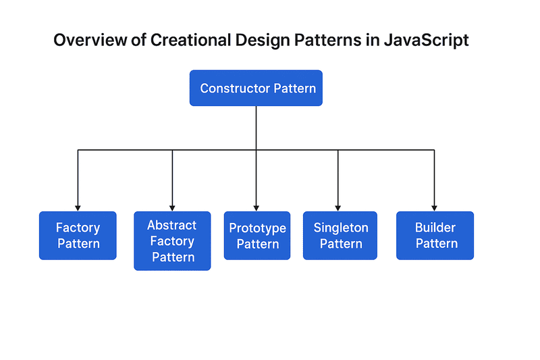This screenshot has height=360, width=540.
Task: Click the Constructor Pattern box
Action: (x=256, y=88)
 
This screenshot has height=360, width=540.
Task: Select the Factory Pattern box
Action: (x=78, y=236)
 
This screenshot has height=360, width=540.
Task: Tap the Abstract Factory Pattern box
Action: (x=172, y=241)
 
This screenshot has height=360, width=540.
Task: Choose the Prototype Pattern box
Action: (x=257, y=236)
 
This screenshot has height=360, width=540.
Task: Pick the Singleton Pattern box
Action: (x=340, y=236)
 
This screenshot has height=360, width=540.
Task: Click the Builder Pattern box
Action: (x=435, y=236)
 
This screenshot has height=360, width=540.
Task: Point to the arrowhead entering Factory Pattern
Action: (x=78, y=207)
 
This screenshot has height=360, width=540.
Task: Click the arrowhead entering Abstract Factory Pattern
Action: (x=172, y=207)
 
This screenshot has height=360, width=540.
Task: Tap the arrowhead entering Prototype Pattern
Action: (x=256, y=207)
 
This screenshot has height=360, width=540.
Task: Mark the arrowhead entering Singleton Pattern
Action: (x=338, y=207)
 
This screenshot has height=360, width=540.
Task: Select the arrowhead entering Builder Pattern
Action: (x=434, y=207)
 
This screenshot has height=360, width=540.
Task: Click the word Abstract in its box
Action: (x=172, y=225)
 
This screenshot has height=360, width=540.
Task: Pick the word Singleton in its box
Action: (x=340, y=228)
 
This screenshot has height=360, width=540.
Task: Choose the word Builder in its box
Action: (x=435, y=228)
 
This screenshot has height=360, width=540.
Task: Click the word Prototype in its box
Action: (x=257, y=228)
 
